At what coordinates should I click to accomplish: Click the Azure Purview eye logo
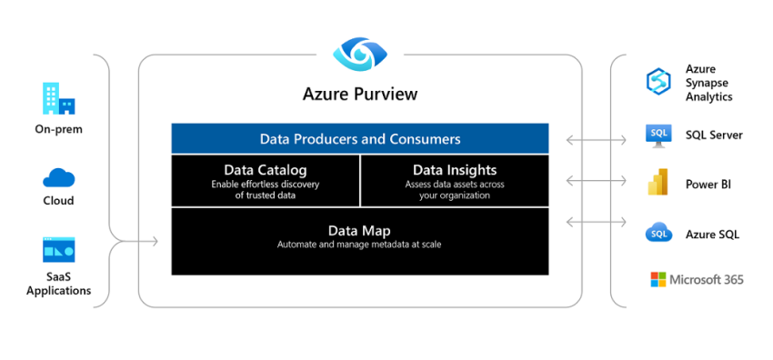point(360,54)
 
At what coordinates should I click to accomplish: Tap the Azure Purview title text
point(360,94)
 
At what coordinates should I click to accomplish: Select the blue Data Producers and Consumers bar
point(360,139)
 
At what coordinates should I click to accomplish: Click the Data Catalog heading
point(266,169)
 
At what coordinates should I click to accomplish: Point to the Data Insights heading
point(455,169)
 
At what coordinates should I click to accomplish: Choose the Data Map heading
point(360,231)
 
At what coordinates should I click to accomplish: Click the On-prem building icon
point(58,99)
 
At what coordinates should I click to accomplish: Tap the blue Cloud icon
point(58,177)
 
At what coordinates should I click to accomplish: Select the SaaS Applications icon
point(58,249)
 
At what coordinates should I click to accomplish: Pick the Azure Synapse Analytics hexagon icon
point(658,82)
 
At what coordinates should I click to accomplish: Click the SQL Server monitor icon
point(658,135)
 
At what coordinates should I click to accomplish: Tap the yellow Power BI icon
point(658,184)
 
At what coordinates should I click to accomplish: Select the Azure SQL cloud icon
point(658,234)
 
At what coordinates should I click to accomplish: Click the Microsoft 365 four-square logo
point(658,279)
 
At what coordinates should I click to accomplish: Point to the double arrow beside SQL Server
point(596,140)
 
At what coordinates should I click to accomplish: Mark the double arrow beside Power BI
point(596,180)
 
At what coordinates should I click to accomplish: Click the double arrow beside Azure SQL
point(596,221)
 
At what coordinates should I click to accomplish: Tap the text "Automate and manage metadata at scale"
point(360,245)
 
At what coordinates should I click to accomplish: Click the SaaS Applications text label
point(58,284)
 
